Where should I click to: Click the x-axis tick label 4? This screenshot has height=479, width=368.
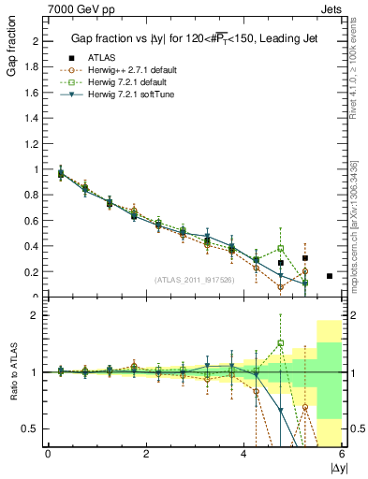[244, 454]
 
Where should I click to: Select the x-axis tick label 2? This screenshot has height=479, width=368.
[146, 454]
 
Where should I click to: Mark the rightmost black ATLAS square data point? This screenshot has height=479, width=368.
[330, 276]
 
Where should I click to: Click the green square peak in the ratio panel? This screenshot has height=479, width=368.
[280, 343]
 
